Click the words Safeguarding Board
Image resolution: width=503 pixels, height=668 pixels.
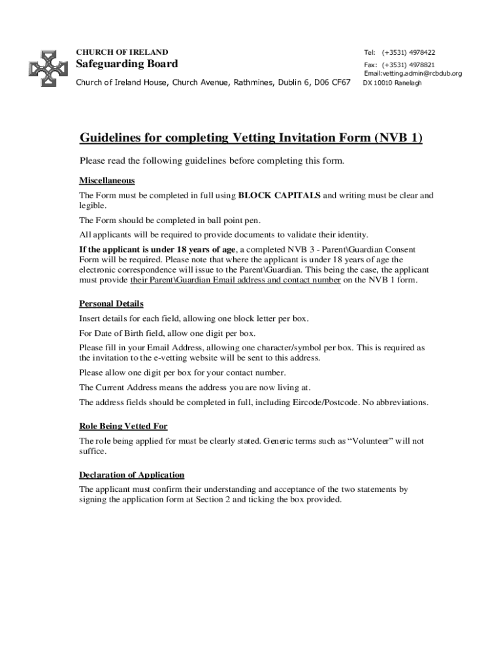(x=127, y=64)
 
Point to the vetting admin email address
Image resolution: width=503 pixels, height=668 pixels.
(x=412, y=74)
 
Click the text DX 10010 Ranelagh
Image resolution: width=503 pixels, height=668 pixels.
(x=392, y=83)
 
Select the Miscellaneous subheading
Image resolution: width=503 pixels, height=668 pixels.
(x=106, y=180)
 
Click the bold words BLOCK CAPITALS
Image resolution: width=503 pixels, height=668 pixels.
(x=280, y=195)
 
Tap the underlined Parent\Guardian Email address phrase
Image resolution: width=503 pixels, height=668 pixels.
(x=235, y=280)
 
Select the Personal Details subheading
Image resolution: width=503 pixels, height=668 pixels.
(x=111, y=303)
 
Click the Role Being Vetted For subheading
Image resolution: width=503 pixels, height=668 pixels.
(x=123, y=426)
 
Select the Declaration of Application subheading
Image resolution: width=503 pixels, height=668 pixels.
(x=131, y=474)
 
